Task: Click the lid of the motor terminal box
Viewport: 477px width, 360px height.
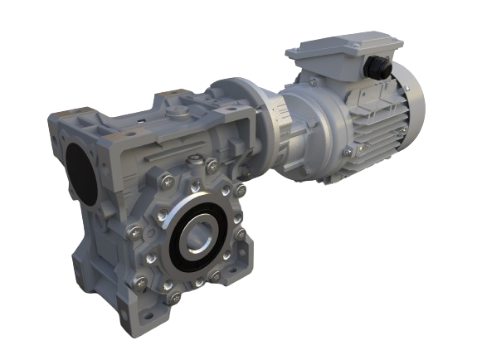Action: pos(332,51)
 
